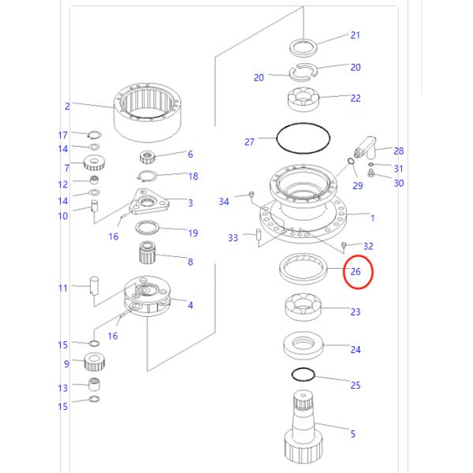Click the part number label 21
tap(355, 35)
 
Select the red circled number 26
tap(356, 272)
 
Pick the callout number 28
tap(399, 151)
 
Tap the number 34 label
tap(224, 202)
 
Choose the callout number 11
tap(63, 288)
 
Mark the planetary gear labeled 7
tap(94, 166)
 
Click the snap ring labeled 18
tap(148, 176)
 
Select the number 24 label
tap(355, 349)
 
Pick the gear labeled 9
tap(94, 363)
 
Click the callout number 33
tap(233, 237)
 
